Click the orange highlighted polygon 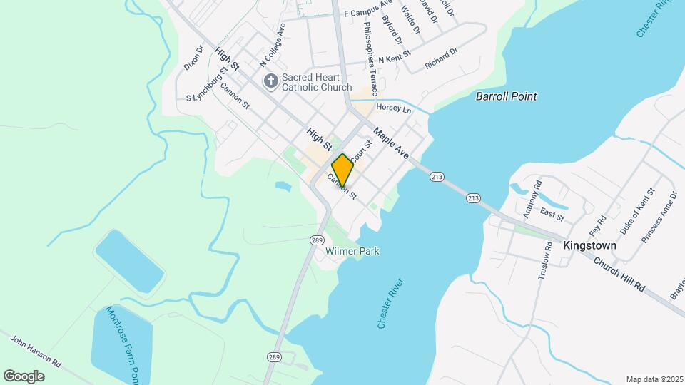342,170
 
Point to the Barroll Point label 507,96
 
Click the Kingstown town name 589,245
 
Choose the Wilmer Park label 352,251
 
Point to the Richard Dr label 440,58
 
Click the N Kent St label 395,56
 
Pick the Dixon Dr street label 193,57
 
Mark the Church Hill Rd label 619,273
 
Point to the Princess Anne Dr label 659,217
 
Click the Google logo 24,376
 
